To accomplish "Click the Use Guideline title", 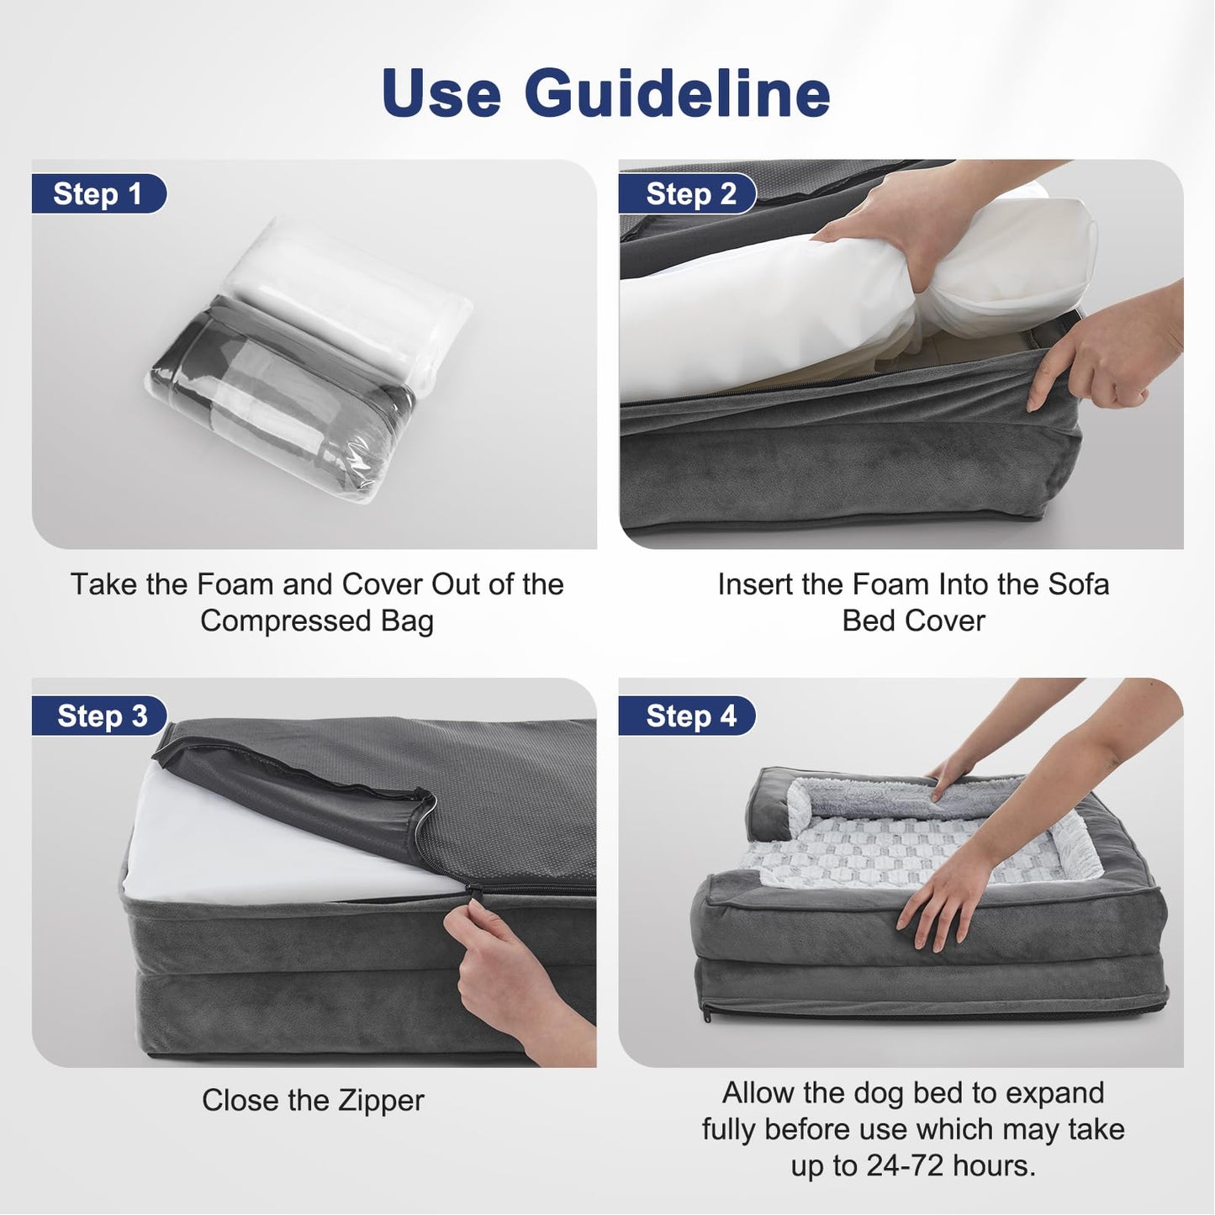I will pos(605,92).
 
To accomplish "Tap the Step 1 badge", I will pos(98,194).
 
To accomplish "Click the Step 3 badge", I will pos(101,716).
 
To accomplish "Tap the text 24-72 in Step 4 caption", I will pos(895,1166).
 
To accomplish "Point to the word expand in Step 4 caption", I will pos(1054,1093).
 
